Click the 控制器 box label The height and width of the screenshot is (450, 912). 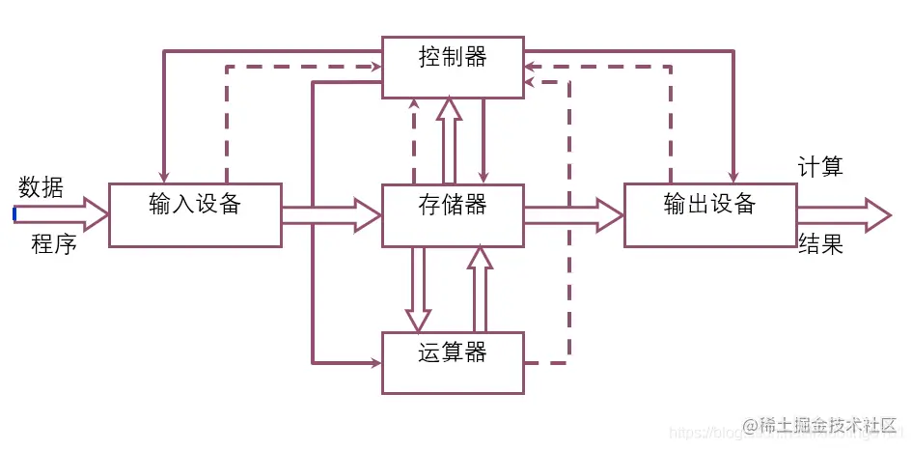pyautogui.click(x=453, y=57)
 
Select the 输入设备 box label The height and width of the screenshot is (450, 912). pyautogui.click(x=195, y=205)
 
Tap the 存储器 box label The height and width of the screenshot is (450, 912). pyautogui.click(x=453, y=205)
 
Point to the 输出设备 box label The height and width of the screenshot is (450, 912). pyautogui.click(x=709, y=205)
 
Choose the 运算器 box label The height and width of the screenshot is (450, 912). pyautogui.click(x=453, y=352)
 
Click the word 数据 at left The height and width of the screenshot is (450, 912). pyautogui.click(x=41, y=187)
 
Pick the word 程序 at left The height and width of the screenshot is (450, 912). pyautogui.click(x=53, y=243)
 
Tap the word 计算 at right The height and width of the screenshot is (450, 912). pyautogui.click(x=820, y=167)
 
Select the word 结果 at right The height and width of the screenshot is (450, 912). pyautogui.click(x=820, y=244)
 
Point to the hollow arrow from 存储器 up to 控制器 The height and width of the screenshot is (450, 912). pyautogui.click(x=450, y=140)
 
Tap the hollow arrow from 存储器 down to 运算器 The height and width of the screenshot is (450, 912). pyautogui.click(x=418, y=290)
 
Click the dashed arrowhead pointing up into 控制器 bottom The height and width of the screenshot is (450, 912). pyautogui.click(x=414, y=104)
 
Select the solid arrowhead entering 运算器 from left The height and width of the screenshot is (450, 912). pyautogui.click(x=374, y=363)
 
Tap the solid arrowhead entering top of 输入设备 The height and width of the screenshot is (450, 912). pyautogui.click(x=164, y=175)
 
